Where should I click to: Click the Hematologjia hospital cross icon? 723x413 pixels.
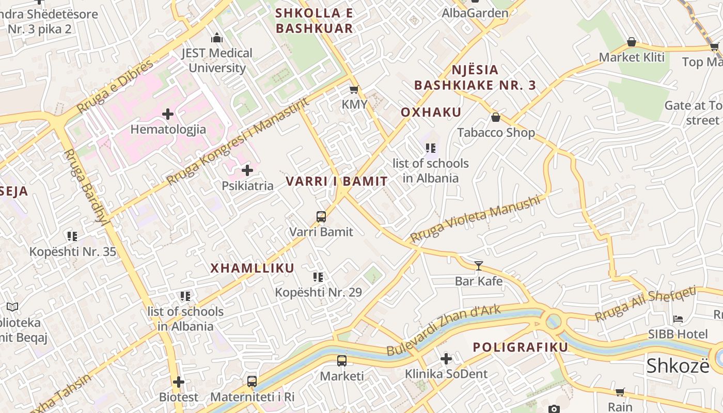coord(168,114)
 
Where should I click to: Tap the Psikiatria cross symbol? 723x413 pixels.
coord(247,170)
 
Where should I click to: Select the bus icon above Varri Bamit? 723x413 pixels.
coord(321,216)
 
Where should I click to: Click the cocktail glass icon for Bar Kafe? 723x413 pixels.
coord(479,266)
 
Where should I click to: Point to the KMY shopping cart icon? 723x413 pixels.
coord(354,90)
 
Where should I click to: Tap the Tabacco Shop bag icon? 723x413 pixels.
coord(496,118)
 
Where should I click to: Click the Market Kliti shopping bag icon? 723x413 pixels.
coord(631,42)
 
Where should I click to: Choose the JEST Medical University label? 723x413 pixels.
coord(217,60)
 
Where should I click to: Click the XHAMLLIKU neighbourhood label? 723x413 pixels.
coord(252,268)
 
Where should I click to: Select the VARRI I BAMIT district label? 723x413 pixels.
coord(337,181)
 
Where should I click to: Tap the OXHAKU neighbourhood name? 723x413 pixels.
coord(431,113)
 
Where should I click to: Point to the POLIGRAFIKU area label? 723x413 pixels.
coord(521,347)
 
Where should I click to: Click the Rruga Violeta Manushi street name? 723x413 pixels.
coord(475,218)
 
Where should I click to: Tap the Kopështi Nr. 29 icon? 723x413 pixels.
coord(318,277)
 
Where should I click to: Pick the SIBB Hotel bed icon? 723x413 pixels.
coord(678,319)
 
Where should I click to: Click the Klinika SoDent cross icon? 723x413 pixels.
coord(446,358)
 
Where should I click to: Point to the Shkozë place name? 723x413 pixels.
coord(678,366)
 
